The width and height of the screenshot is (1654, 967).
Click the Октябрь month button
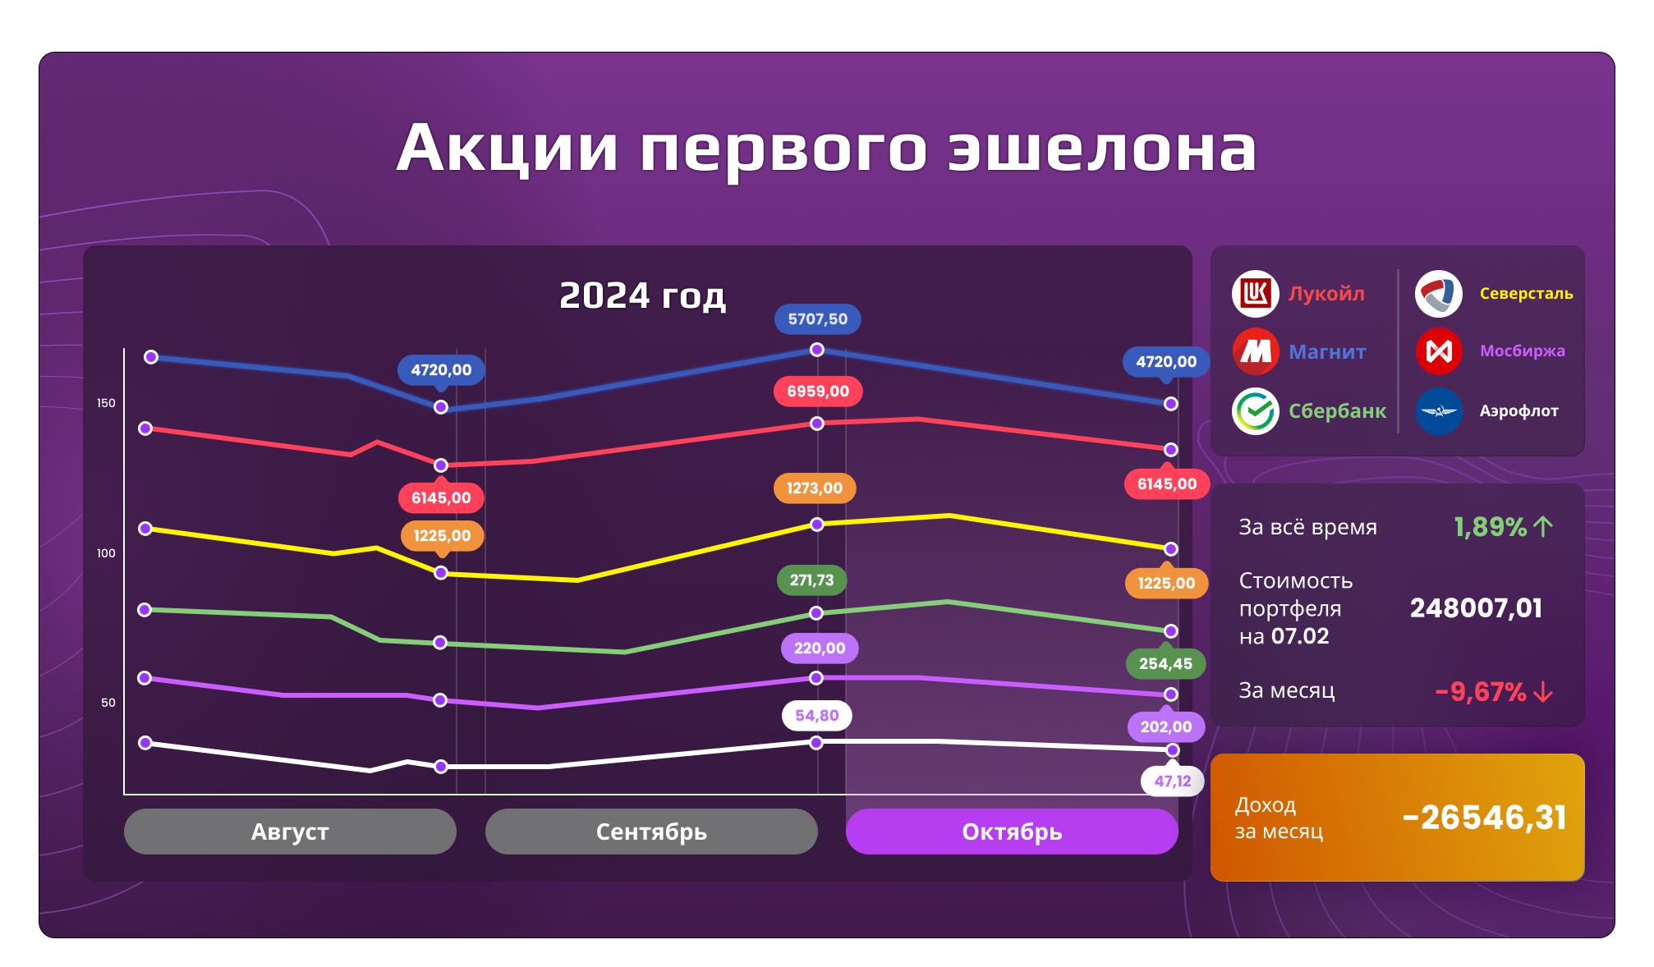point(1012,832)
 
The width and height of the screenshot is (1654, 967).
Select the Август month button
point(290,832)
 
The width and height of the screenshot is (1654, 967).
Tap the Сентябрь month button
point(651,832)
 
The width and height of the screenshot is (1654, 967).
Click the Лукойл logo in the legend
point(1255,293)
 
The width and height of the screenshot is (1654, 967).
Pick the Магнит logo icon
point(1255,351)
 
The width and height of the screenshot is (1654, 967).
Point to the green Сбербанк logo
point(1255,410)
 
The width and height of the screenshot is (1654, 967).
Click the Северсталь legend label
point(1526,293)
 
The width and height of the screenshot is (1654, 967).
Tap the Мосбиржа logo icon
point(1439,351)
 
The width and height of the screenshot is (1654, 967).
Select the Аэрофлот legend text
point(1518,410)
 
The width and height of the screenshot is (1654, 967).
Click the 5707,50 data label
point(817,319)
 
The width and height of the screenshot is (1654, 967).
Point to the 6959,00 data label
point(818,391)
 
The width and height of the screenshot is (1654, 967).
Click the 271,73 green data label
point(811,580)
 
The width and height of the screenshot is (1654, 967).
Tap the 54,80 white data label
point(816,716)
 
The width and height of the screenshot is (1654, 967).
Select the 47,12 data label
point(1172,781)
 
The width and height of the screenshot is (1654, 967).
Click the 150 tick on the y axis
point(106,403)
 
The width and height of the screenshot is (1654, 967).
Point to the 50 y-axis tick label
point(108,703)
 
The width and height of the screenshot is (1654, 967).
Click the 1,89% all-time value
point(1490,526)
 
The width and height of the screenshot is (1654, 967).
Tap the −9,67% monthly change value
point(1480,692)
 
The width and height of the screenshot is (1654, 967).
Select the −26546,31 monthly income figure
point(1485,818)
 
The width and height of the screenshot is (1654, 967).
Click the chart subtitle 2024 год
point(642,296)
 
